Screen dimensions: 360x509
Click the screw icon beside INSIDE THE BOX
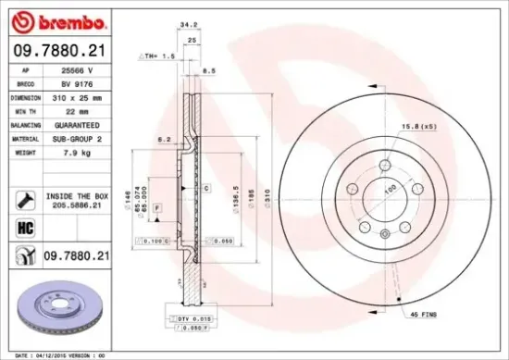[x=21, y=198]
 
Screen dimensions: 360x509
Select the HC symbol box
[x=21, y=225]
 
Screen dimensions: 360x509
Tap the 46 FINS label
[x=423, y=316]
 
